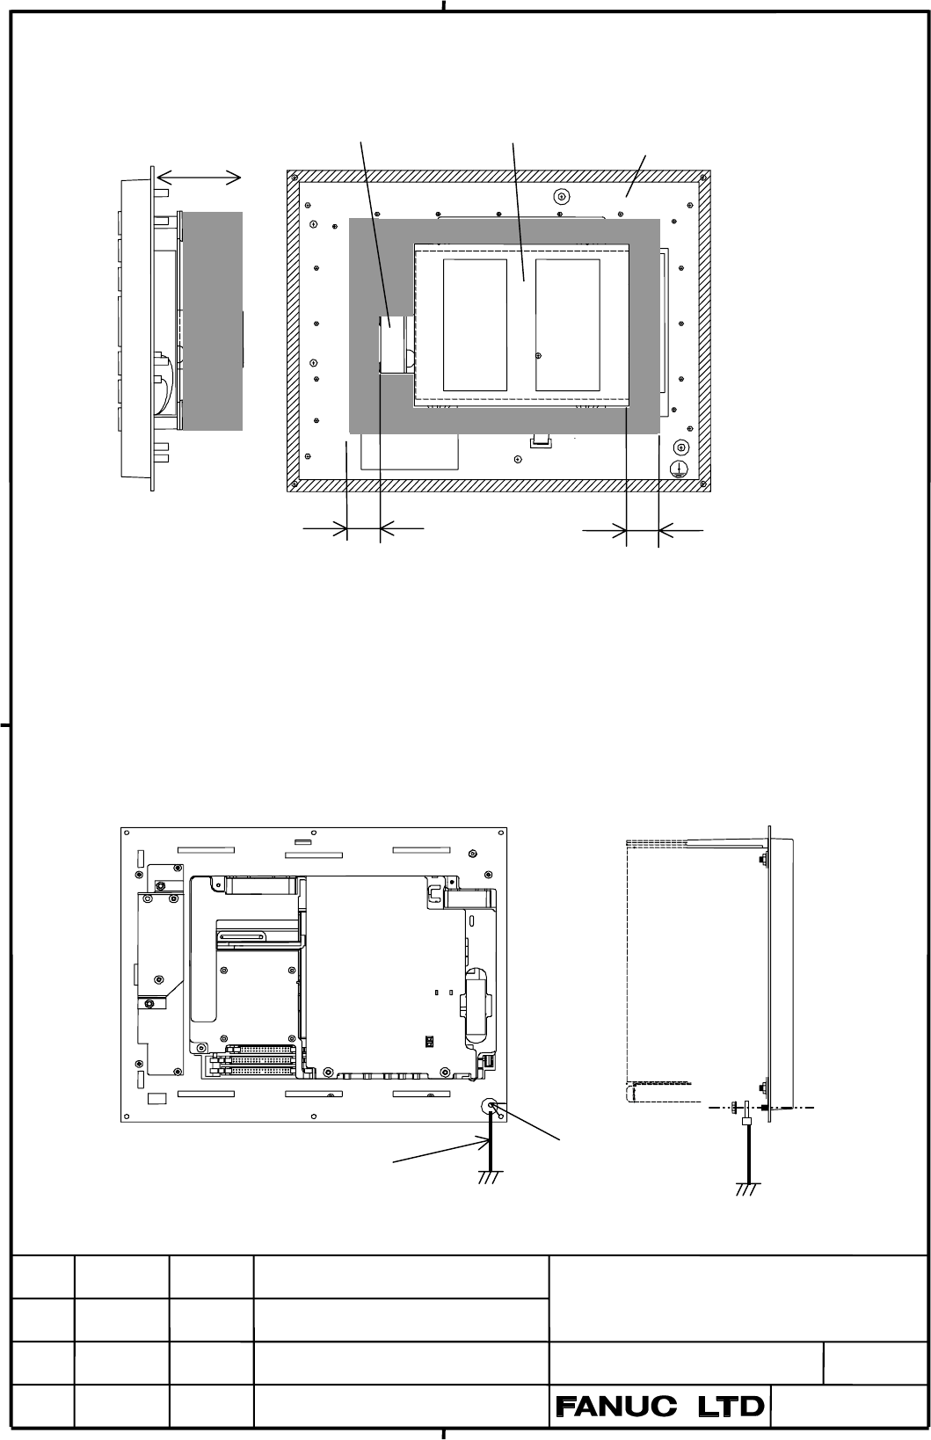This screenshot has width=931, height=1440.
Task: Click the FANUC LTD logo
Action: coord(660,1407)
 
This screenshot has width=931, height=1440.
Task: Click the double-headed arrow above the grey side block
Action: coord(199,178)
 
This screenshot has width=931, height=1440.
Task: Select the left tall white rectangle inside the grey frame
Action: coord(475,325)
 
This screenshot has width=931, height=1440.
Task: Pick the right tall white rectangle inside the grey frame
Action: coord(568,325)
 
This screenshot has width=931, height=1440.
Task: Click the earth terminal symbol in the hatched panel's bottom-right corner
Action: coord(680,469)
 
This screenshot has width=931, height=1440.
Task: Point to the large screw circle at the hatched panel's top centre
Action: coord(562,197)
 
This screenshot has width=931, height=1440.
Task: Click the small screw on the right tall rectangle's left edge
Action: coord(539,355)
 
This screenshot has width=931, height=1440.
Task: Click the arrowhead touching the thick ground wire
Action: coord(484,1142)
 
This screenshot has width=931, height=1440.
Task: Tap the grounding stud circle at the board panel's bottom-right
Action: coord(491,1106)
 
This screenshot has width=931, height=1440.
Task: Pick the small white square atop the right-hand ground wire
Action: coord(747,1121)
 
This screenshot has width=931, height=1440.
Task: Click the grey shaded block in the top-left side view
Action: coord(213,321)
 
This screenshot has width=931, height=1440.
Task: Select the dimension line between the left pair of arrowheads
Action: coord(364,529)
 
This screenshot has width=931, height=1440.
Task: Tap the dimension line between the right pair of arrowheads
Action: coord(643,531)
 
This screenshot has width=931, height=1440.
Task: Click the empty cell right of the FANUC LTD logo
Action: coord(848,1407)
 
